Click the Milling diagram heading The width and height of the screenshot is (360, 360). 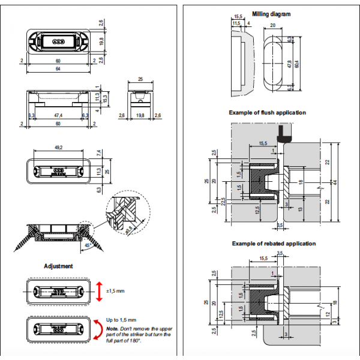pos(271,14)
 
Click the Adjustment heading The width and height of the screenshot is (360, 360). pos(59,265)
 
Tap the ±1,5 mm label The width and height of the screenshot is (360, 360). pos(115,291)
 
